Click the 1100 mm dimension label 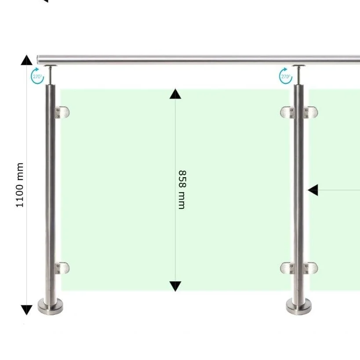[19, 185]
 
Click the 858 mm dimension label [182, 189]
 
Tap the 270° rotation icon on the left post [37, 76]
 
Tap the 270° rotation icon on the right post [286, 76]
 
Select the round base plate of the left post [51, 306]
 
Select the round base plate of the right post [299, 306]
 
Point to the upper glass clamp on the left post [62, 113]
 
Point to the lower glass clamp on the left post [62, 268]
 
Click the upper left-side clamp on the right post [287, 113]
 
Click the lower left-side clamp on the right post [287, 268]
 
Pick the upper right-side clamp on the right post [311, 113]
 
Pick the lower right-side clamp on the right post [311, 268]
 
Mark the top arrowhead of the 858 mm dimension [175, 94]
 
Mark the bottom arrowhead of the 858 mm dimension [175, 286]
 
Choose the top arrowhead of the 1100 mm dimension [27, 60]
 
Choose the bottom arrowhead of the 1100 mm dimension [27, 310]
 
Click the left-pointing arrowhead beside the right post [313, 190]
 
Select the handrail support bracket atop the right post [299, 74]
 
